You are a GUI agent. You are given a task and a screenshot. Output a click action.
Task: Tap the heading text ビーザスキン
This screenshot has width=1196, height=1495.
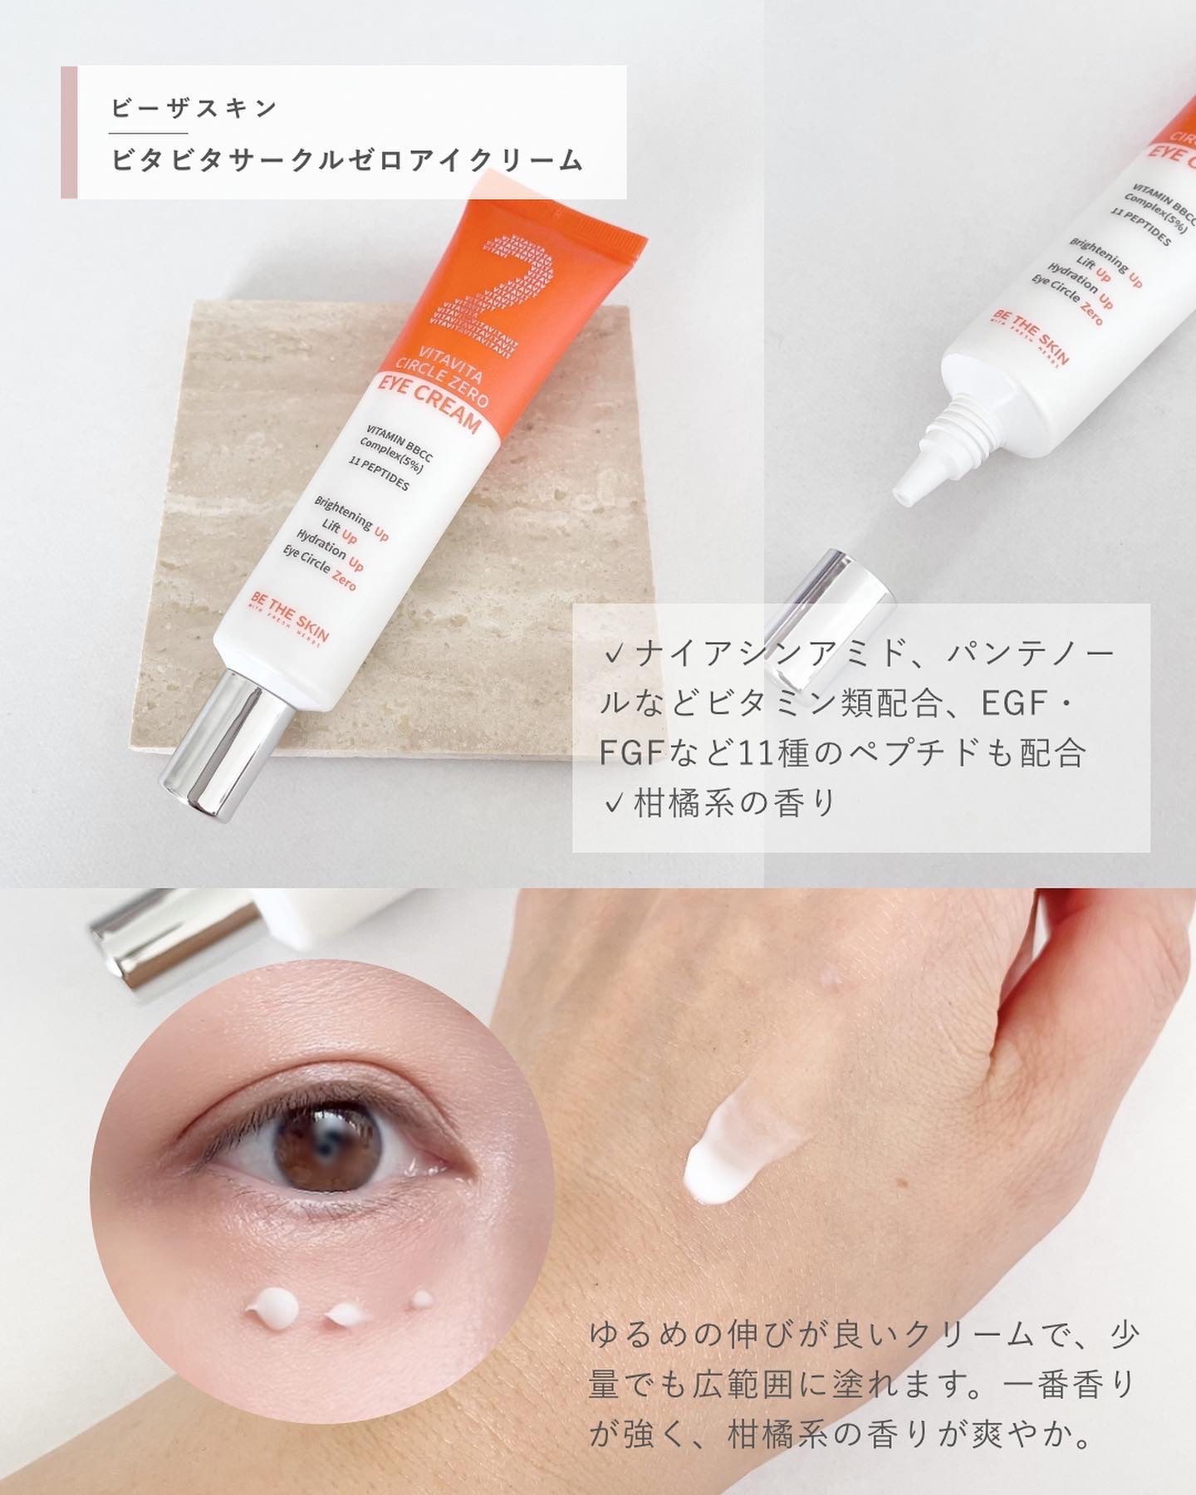pyautogui.click(x=194, y=108)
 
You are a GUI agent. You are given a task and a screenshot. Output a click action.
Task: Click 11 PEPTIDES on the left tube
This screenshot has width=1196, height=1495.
pyautogui.click(x=377, y=476)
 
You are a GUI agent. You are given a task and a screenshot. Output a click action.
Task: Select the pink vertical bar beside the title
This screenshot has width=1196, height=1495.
pyautogui.click(x=69, y=132)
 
